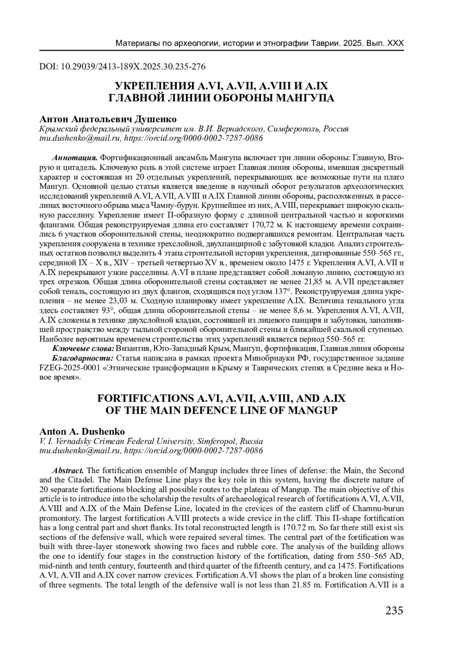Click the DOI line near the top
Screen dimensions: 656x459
pos(122,67)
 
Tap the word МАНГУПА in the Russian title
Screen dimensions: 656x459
pos(305,98)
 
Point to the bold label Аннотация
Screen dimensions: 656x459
pos(74,158)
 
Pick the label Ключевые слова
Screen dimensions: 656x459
pos(83,348)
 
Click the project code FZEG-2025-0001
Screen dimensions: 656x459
pos(70,367)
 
